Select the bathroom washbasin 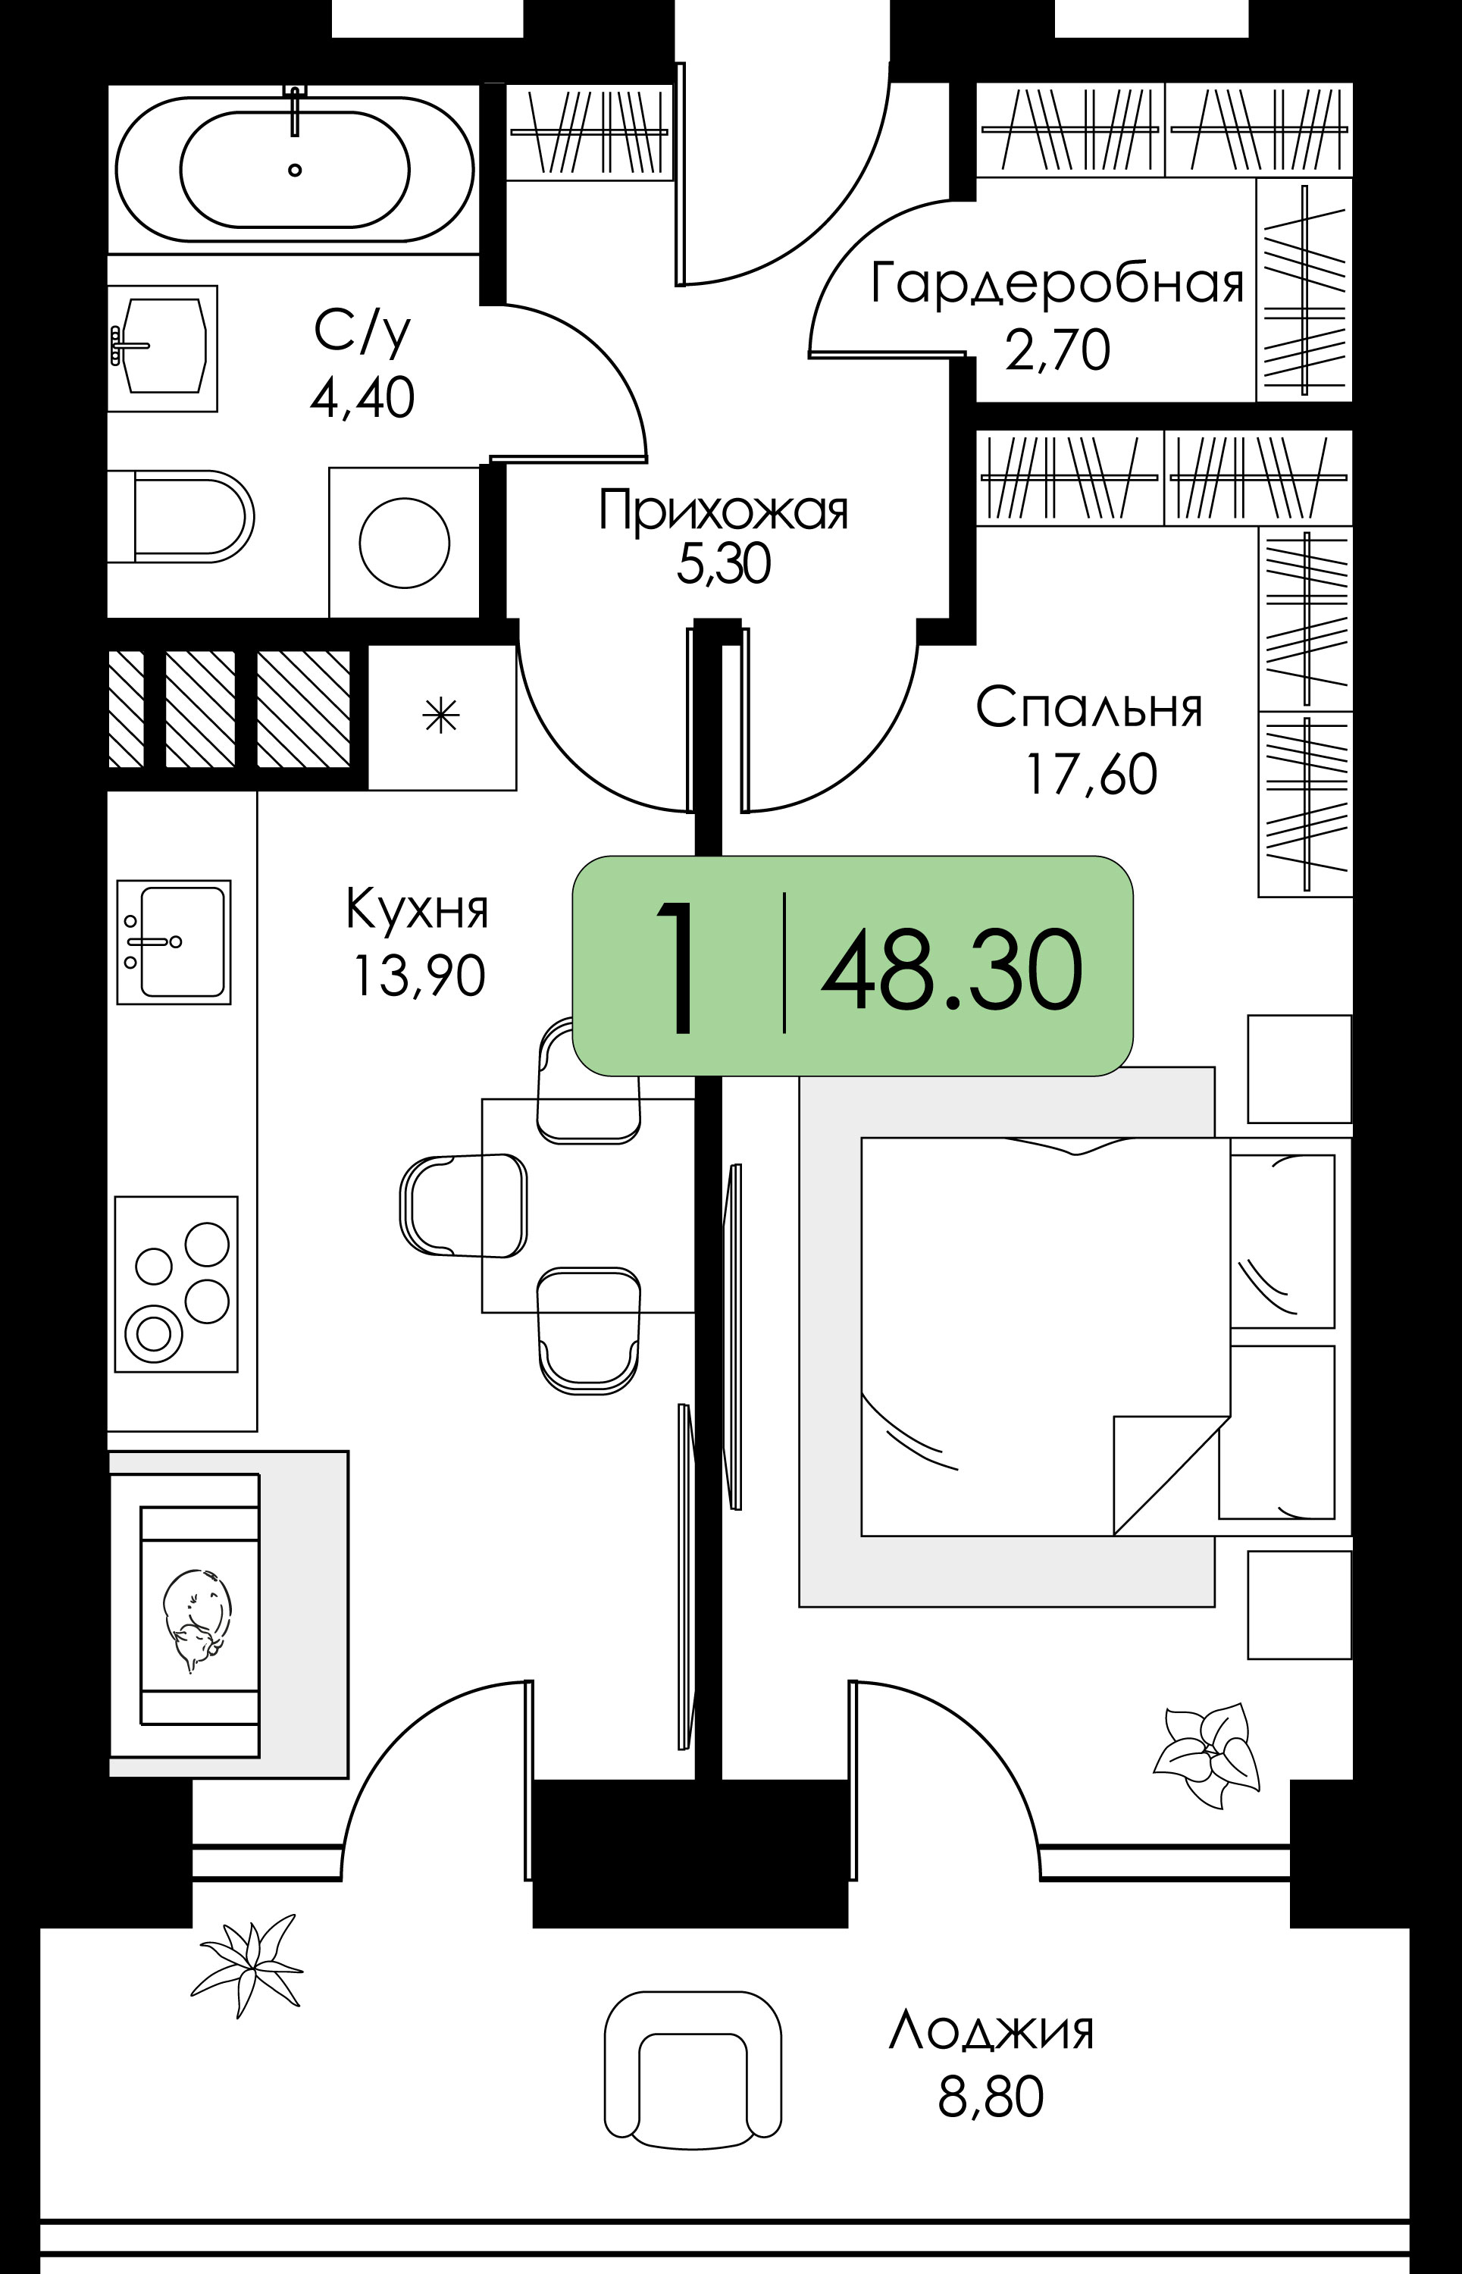click(162, 347)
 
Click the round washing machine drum click(405, 543)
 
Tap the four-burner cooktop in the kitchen click(177, 1284)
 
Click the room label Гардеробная click(1057, 283)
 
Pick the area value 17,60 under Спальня click(1091, 774)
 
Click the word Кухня click(417, 909)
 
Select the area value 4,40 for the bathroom click(362, 398)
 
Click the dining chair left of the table click(463, 1205)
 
